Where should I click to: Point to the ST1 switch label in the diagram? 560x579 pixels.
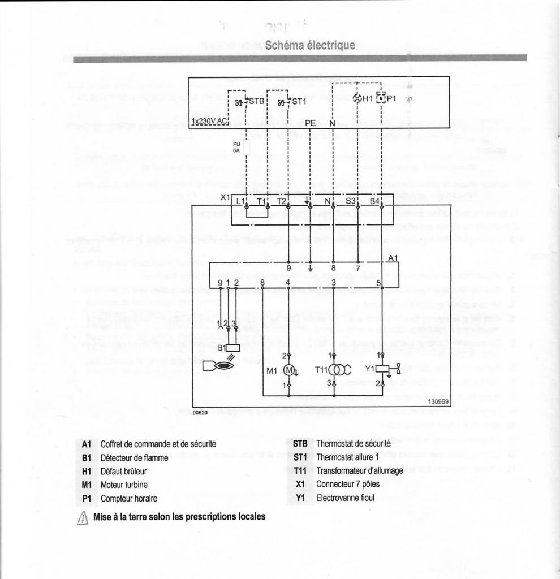tap(298, 102)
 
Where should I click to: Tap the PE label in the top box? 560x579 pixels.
tap(311, 122)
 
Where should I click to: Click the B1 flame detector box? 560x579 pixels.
tap(232, 348)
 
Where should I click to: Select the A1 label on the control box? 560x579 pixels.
tap(393, 258)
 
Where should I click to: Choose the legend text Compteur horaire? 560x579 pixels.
tap(128, 498)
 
